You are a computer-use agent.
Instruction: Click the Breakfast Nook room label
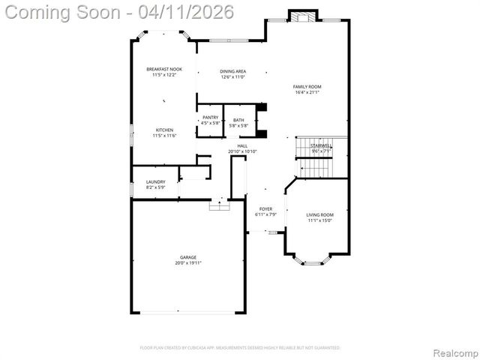click(x=164, y=69)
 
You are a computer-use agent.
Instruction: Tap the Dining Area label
click(x=232, y=71)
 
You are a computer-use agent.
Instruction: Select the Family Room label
click(x=307, y=87)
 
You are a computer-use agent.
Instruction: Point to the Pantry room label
click(x=211, y=118)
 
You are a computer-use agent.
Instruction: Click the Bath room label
click(x=238, y=120)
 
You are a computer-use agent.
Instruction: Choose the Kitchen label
click(x=165, y=130)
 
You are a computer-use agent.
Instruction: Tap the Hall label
click(x=242, y=146)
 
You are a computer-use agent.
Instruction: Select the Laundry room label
click(x=155, y=181)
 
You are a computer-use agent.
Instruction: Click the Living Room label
click(x=320, y=214)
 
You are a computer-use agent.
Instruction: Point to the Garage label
click(x=187, y=257)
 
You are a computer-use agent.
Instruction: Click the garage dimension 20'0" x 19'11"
click(x=187, y=262)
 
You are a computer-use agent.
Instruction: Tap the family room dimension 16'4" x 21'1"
click(x=307, y=92)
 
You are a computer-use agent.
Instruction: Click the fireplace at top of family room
click(x=303, y=16)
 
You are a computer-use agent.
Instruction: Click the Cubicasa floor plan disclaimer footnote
click(x=240, y=348)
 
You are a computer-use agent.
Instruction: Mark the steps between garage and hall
click(x=219, y=204)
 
